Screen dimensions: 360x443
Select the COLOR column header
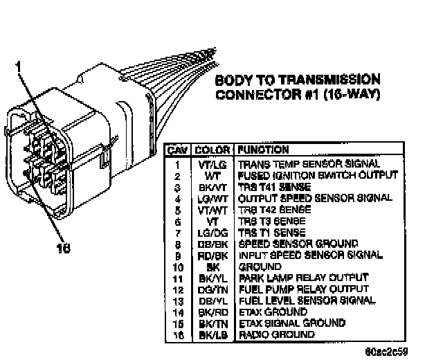click(208, 149)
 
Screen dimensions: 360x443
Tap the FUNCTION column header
click(264, 149)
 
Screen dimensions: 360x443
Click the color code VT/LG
click(208, 165)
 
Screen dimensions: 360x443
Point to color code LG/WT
click(208, 198)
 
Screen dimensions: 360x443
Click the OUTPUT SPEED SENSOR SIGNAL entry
click(315, 198)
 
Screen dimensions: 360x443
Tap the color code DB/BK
click(208, 244)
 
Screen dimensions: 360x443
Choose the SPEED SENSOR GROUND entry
click(289, 244)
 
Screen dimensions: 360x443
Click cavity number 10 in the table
click(178, 267)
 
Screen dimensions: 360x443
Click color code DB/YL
click(208, 300)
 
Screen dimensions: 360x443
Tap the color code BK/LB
click(208, 334)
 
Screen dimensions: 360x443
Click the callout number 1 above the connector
click(19, 66)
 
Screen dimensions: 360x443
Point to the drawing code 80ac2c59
click(392, 351)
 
